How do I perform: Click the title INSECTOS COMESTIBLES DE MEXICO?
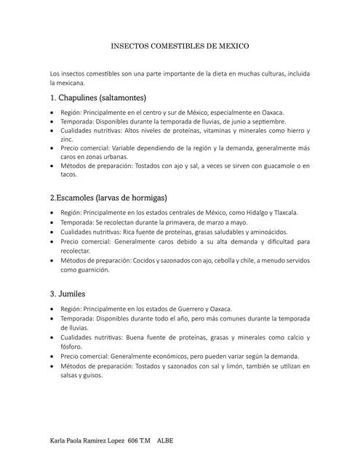tap(180, 46)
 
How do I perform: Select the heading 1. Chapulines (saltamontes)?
tap(98, 97)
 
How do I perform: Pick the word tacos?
tap(68, 174)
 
